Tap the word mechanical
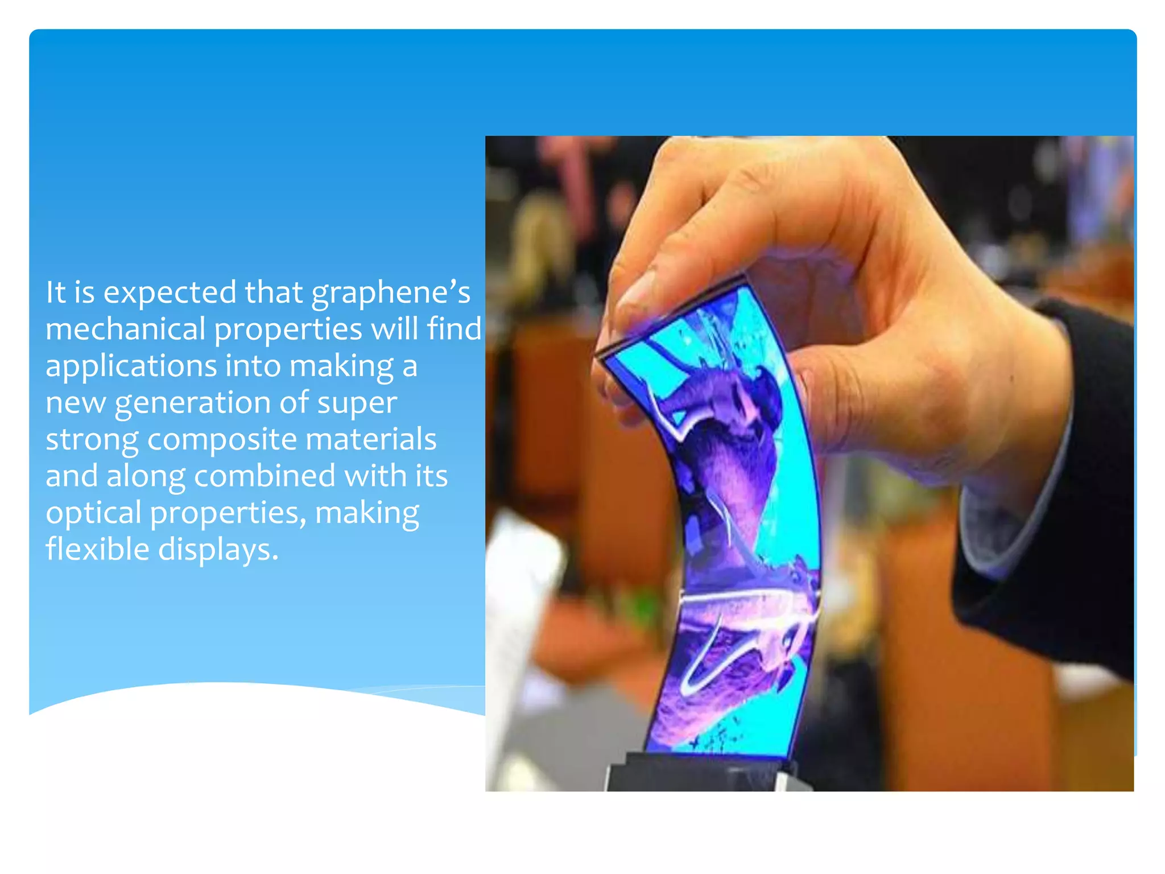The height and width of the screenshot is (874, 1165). tap(125, 329)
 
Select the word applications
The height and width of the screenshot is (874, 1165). tap(131, 366)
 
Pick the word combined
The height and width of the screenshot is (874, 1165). tap(265, 476)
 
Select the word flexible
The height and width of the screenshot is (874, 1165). tap(97, 549)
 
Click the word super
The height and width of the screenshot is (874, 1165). tap(357, 403)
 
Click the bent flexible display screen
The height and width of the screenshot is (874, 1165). tap(740, 512)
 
